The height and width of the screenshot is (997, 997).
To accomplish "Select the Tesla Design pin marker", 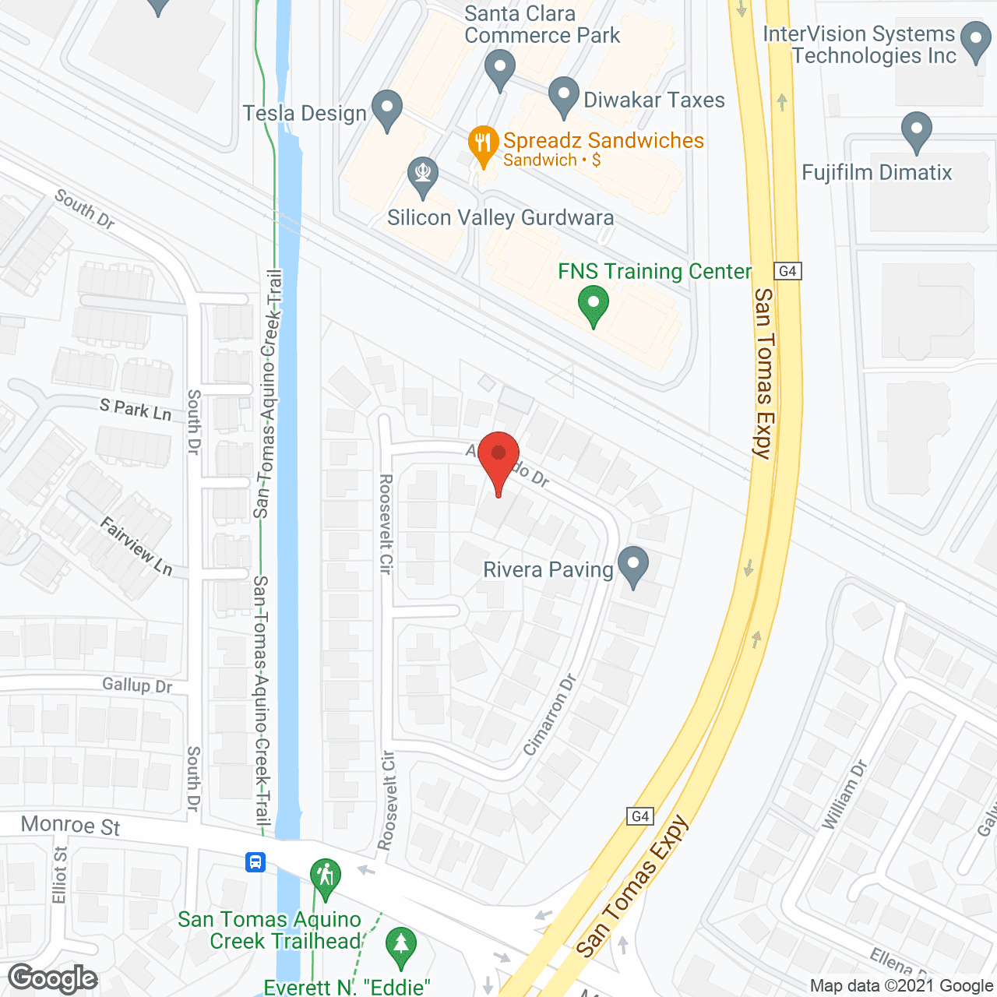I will tap(386, 109).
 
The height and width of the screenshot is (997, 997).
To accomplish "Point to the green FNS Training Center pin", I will tap(594, 305).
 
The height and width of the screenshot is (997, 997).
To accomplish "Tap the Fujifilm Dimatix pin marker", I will tap(917, 131).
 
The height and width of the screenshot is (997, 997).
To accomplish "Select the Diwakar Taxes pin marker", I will tap(564, 96).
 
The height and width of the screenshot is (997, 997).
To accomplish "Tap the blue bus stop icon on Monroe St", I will tap(255, 862).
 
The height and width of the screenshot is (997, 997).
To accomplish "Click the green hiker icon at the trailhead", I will tap(325, 876).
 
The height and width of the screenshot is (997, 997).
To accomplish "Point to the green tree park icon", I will tap(401, 946).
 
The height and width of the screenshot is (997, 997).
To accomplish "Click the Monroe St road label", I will tap(71, 826).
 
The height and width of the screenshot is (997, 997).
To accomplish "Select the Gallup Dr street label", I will tap(137, 685).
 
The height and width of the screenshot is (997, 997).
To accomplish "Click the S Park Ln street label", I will tap(136, 410).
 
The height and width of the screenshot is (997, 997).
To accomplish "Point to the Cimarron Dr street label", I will tap(550, 714).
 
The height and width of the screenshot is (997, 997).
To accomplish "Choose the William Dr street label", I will tap(844, 795).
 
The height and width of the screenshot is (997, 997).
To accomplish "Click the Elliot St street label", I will tap(60, 875).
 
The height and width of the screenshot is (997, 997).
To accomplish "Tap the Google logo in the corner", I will tap(53, 978).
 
